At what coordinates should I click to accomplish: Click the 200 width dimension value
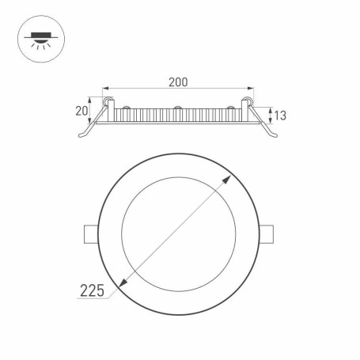(178, 81)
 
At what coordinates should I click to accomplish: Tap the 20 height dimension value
(81, 112)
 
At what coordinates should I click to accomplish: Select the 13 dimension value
(279, 116)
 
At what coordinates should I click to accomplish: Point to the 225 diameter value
(92, 291)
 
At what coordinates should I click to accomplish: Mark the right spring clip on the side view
(270, 131)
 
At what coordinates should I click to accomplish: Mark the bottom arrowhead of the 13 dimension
(270, 122)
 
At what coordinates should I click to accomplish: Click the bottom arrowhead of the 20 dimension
(91, 122)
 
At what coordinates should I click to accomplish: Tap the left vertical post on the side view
(110, 108)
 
